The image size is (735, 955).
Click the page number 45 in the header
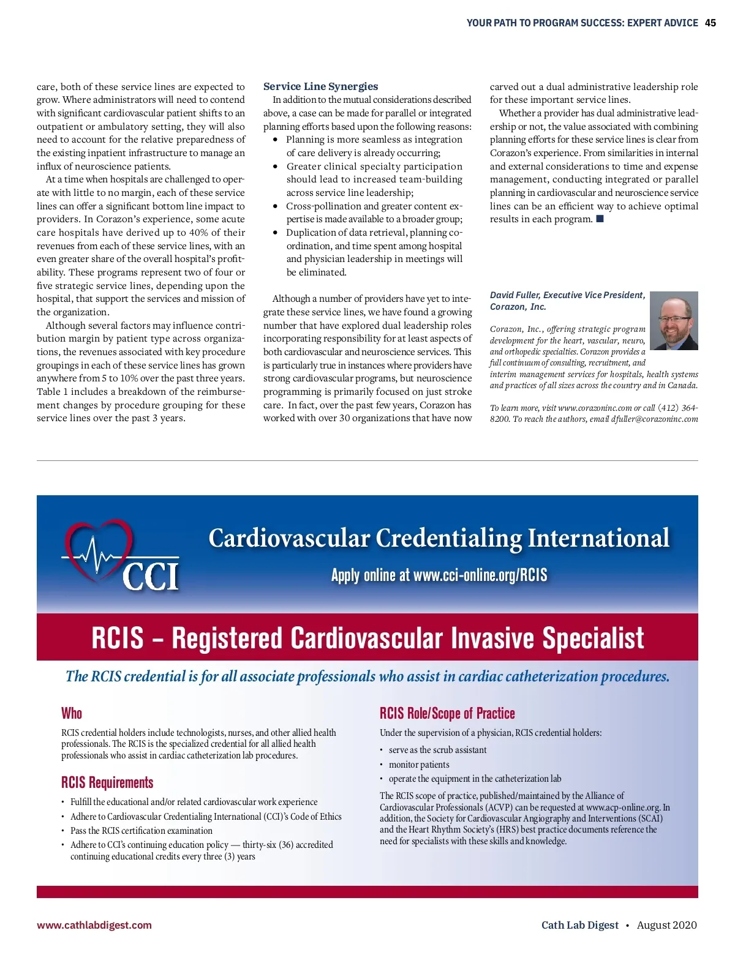point(710,23)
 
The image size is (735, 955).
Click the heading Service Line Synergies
point(320,86)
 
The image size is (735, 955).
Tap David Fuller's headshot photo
point(674,321)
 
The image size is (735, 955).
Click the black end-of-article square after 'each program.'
point(600,219)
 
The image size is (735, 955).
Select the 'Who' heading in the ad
point(72,713)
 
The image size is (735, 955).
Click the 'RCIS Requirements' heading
point(107,782)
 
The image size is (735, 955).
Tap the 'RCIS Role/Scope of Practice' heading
point(447,713)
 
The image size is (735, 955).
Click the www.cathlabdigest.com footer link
point(94,925)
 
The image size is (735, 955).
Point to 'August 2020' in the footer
point(666,925)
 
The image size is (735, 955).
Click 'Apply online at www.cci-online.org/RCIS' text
point(439,575)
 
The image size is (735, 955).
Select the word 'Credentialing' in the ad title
point(449,538)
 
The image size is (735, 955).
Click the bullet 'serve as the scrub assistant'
point(437,750)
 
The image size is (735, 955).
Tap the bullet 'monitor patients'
point(419,765)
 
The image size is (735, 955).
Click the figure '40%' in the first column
point(199,233)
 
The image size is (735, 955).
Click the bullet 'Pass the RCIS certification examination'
point(141,831)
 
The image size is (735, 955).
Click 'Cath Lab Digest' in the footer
point(579,925)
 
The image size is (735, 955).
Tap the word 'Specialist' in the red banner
point(593,638)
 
